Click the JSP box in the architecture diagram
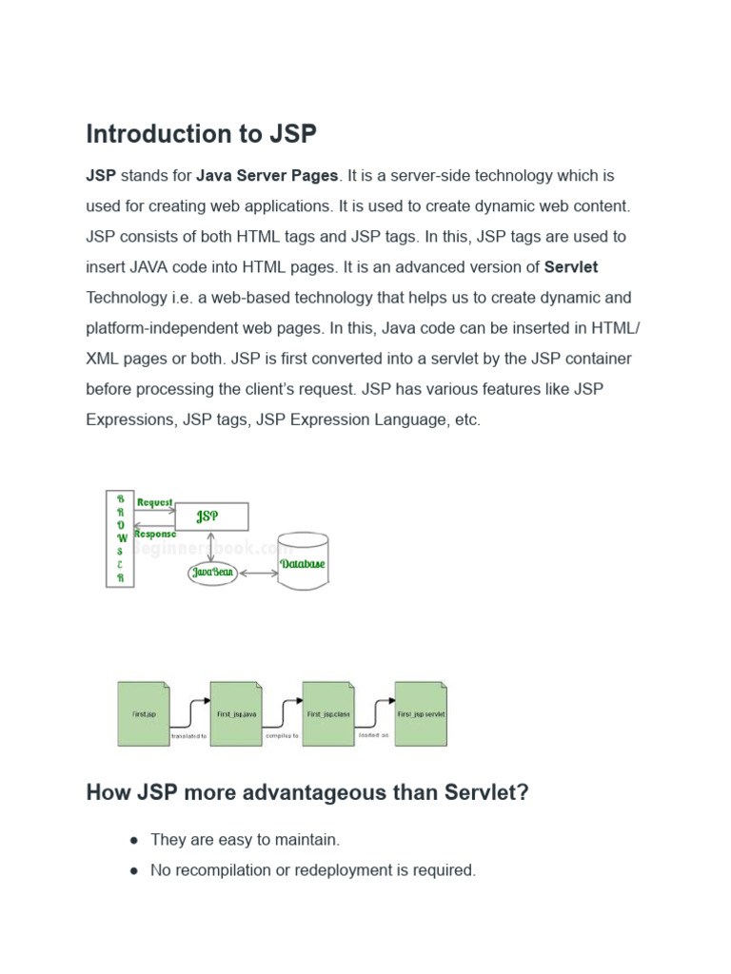click(211, 516)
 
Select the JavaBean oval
click(212, 573)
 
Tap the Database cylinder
click(303, 562)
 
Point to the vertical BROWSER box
click(120, 538)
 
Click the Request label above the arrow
click(155, 502)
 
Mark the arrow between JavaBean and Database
click(258, 574)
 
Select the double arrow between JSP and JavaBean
click(211, 546)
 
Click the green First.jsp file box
click(144, 713)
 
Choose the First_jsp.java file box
click(236, 713)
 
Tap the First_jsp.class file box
click(328, 713)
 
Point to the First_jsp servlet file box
click(421, 713)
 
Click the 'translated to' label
click(188, 736)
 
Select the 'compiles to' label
click(282, 735)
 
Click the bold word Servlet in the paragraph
click(571, 267)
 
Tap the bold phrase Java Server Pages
click(267, 176)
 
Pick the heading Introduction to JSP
click(201, 134)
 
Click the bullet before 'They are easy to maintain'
click(134, 840)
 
